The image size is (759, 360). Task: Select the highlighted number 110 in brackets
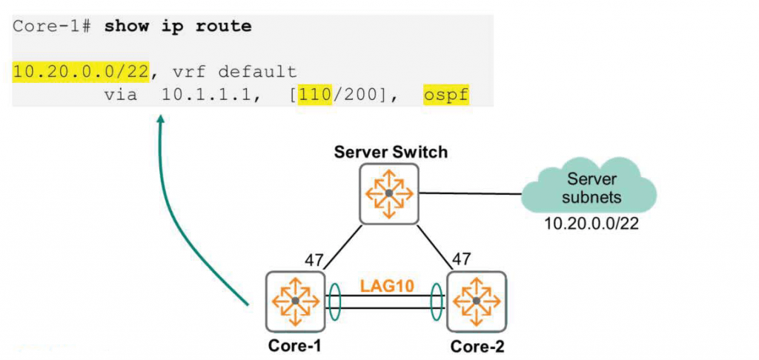coord(314,96)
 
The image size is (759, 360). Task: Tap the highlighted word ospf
coord(446,96)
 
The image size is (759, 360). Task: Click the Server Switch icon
coord(389,193)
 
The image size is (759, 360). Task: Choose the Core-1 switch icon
coord(295,301)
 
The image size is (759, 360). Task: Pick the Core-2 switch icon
coord(475,301)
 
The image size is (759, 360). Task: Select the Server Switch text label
coord(391,153)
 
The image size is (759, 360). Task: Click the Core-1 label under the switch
coord(295,345)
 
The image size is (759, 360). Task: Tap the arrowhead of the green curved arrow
coord(160,119)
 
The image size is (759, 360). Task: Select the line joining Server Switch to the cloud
coord(470,194)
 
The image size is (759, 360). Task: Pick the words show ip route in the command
coord(178,27)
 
